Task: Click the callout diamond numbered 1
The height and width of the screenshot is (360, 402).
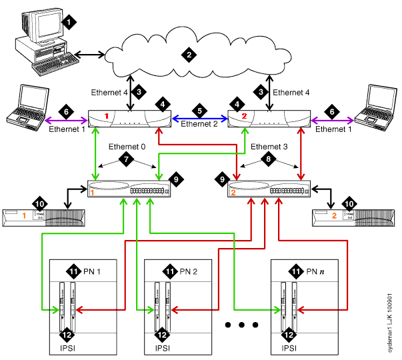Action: [x=67, y=22]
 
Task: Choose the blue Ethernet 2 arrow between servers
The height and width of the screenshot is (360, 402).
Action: [x=199, y=118]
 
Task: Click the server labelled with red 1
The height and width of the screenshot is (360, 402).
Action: [x=130, y=118]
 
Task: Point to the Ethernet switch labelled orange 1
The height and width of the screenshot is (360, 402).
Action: [x=130, y=189]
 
